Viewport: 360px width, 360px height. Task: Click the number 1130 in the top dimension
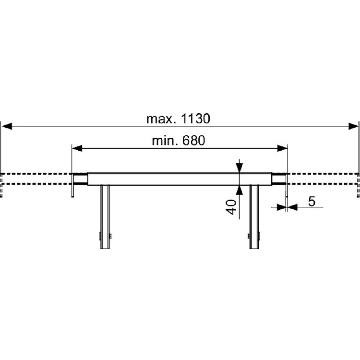(x=195, y=119)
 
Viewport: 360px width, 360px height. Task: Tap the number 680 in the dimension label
(x=194, y=141)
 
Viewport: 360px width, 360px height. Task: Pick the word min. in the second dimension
(x=165, y=141)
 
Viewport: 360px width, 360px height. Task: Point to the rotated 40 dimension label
(x=231, y=207)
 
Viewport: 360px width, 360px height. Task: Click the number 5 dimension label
(x=312, y=201)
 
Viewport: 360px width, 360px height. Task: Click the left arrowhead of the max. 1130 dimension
(x=7, y=126)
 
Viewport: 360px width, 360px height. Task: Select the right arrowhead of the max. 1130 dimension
(x=353, y=126)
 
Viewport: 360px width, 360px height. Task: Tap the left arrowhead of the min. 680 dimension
(x=77, y=148)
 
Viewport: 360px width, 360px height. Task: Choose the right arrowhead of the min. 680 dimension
(x=282, y=148)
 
